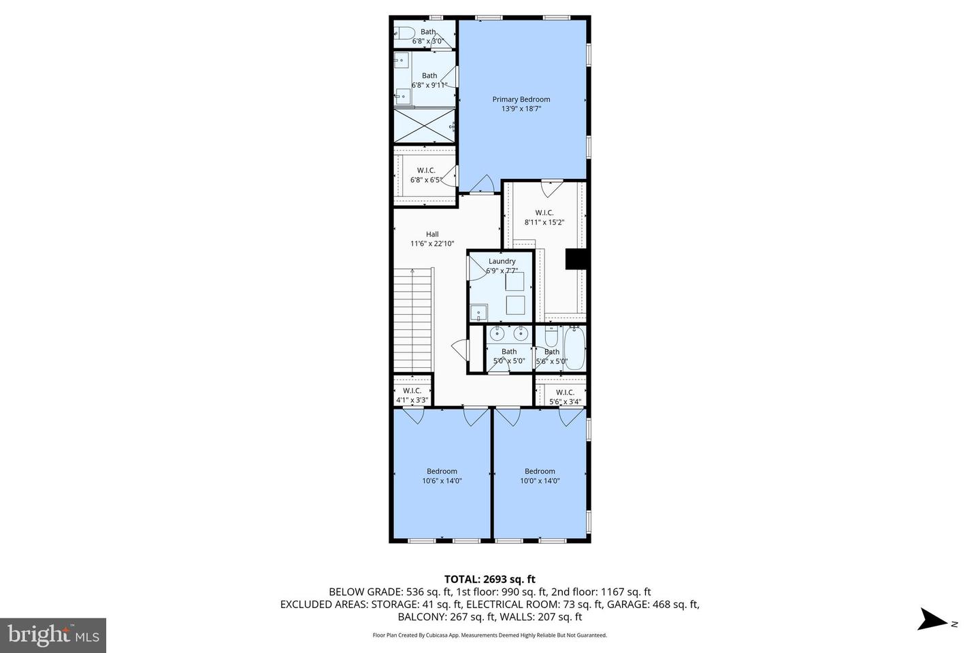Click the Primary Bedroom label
pos(521,99)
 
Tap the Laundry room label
pos(502,261)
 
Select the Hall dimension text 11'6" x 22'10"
pos(432,244)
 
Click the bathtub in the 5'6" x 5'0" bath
pos(574,348)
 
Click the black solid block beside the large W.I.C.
pos(576,260)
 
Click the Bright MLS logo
pos(53,635)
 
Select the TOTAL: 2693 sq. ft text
pos(489,580)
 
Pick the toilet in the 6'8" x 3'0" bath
pos(405,33)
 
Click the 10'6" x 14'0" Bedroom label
pos(442,471)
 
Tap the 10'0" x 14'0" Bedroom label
pos(540,471)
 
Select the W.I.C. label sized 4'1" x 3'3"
pos(412,390)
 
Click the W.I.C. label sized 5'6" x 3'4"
pos(565,392)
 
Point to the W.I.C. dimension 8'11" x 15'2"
pos(544,222)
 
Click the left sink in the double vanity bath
pos(498,333)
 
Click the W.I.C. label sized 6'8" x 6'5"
pos(426,170)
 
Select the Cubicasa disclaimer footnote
pos(489,635)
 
